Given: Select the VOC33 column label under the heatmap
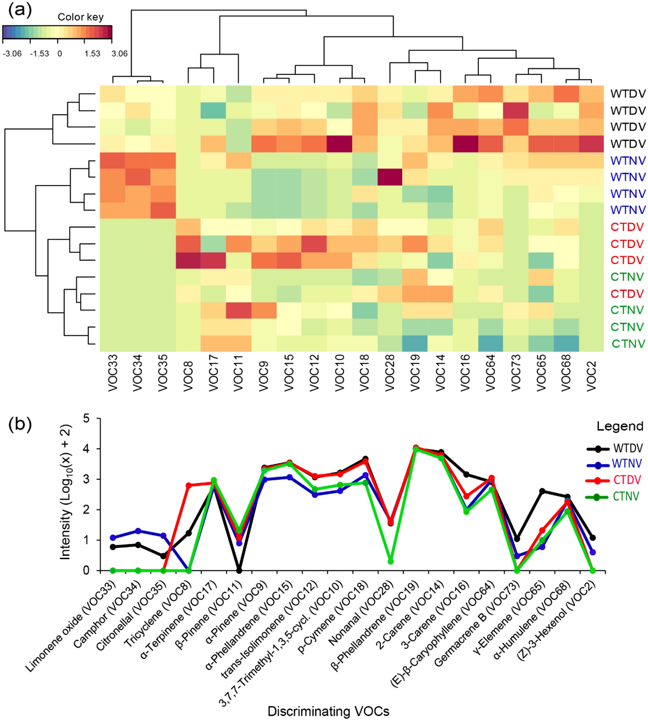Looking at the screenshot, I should [x=113, y=373].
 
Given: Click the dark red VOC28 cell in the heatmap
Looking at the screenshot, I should [x=390, y=177].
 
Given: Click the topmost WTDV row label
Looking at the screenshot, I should [x=628, y=94].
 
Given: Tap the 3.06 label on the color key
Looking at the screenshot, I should [x=119, y=54].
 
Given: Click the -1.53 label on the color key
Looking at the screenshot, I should [x=39, y=54].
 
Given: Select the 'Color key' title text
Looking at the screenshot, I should [x=81, y=17].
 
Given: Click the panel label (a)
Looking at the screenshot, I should [x=20, y=10].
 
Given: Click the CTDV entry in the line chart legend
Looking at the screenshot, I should [x=627, y=480].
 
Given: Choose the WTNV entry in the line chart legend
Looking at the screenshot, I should [x=627, y=463].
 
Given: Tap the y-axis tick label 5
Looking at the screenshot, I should [x=86, y=418].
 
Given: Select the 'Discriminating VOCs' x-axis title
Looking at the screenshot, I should [x=328, y=711].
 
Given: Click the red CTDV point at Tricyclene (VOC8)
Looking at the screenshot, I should [x=189, y=485].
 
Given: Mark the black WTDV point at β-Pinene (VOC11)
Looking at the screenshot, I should [x=239, y=570].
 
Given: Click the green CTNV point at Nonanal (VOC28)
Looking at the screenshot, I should [x=390, y=561].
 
